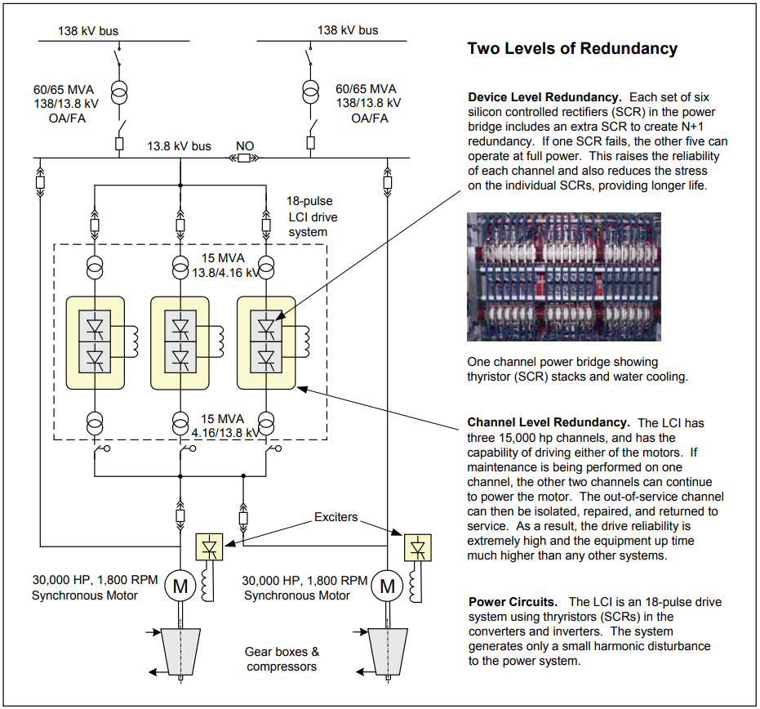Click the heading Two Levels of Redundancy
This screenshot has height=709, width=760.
tap(572, 48)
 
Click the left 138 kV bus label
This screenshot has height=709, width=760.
tap(88, 31)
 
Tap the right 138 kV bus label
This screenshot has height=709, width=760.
tap(348, 30)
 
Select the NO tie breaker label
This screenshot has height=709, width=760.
tap(245, 146)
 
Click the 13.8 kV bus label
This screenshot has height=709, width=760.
tap(179, 146)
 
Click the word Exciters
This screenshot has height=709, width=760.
tap(336, 517)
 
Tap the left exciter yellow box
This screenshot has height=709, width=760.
tap(209, 547)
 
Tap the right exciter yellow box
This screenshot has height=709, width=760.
tap(417, 548)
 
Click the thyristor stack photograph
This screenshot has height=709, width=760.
tap(564, 276)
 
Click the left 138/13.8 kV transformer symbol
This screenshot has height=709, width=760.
tap(119, 92)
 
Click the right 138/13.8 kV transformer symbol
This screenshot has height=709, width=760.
tap(311, 92)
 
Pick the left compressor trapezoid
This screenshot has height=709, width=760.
tap(180, 652)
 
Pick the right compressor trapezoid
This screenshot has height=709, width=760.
tap(388, 652)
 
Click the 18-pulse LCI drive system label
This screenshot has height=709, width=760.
tap(311, 216)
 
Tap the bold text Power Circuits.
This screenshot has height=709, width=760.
tap(513, 602)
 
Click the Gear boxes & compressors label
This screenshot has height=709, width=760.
tap(282, 659)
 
